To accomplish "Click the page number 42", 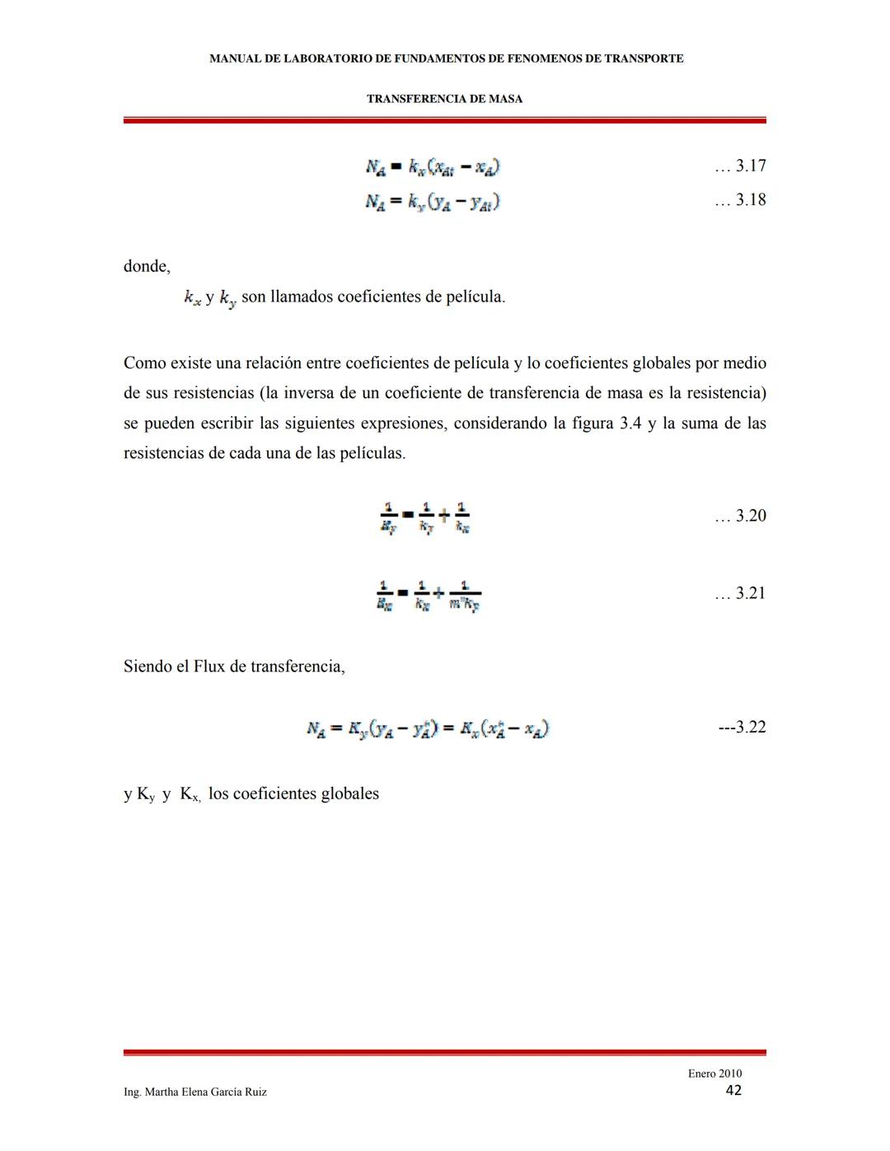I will click(x=733, y=1091).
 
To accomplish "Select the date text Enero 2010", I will click(x=714, y=1074).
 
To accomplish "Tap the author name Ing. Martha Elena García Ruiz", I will click(x=195, y=1093).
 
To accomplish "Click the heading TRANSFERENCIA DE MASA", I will click(x=444, y=99).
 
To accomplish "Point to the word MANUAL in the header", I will click(x=235, y=58).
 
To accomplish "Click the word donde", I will click(x=146, y=267).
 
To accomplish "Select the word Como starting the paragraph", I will click(x=144, y=363).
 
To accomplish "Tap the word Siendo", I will click(x=148, y=667).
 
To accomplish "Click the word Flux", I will click(x=209, y=667).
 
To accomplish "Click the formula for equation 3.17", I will click(x=433, y=167).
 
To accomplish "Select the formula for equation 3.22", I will click(x=428, y=728).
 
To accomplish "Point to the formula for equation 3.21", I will click(x=429, y=596).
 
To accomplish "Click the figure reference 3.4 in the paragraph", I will click(x=630, y=423).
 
